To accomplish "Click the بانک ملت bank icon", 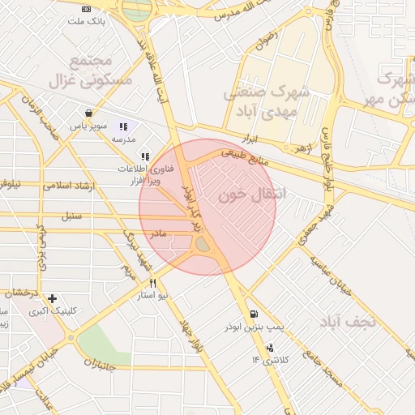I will (x=87, y=8).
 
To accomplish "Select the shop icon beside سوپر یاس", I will (x=88, y=113).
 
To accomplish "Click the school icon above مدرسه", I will (x=123, y=126).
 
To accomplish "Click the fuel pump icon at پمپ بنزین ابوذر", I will (x=255, y=314).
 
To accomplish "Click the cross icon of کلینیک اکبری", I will (x=53, y=298).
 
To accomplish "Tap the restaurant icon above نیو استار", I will (x=152, y=284).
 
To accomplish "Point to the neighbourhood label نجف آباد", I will (x=349, y=322).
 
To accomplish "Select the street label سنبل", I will (x=72, y=216).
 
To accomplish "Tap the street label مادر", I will (x=157, y=233).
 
